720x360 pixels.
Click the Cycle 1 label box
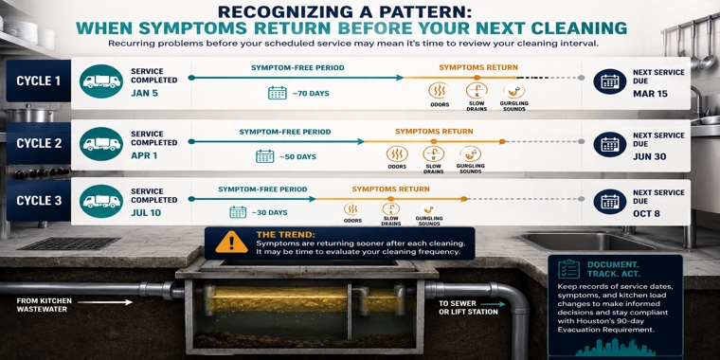[39, 81]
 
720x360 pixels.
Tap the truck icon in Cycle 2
[101, 144]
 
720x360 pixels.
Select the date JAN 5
[145, 92]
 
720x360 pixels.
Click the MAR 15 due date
[650, 94]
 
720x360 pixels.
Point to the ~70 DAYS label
[311, 94]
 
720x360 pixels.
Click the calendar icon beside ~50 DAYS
[265, 156]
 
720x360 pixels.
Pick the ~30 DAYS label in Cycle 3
[269, 212]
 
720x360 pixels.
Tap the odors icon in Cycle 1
[439, 90]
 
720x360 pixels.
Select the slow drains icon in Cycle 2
[434, 154]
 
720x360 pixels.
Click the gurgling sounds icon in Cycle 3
[428, 209]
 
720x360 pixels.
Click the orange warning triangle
[231, 242]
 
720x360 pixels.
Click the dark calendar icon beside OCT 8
[610, 202]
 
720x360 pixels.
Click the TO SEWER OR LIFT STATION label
[461, 308]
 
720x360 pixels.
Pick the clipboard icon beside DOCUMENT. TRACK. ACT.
[568, 269]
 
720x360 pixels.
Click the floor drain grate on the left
[69, 243]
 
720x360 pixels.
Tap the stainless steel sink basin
[585, 241]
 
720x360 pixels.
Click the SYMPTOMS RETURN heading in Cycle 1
[478, 67]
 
